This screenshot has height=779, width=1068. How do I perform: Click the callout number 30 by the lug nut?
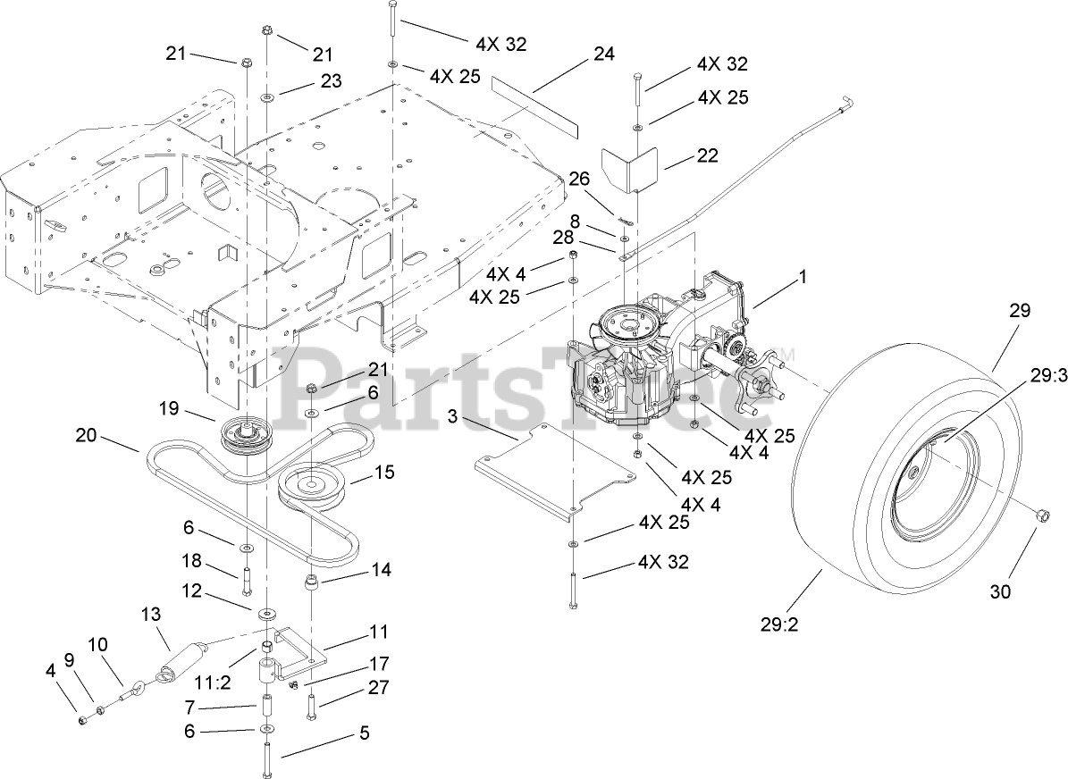click(x=1001, y=591)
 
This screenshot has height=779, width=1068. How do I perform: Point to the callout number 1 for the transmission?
click(x=802, y=278)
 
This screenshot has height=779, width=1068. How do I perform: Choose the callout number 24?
click(x=604, y=54)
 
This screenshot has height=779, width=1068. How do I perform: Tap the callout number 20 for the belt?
click(x=86, y=435)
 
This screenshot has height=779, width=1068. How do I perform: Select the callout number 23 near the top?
click(x=332, y=80)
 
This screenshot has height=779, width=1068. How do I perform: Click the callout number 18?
click(x=192, y=561)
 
